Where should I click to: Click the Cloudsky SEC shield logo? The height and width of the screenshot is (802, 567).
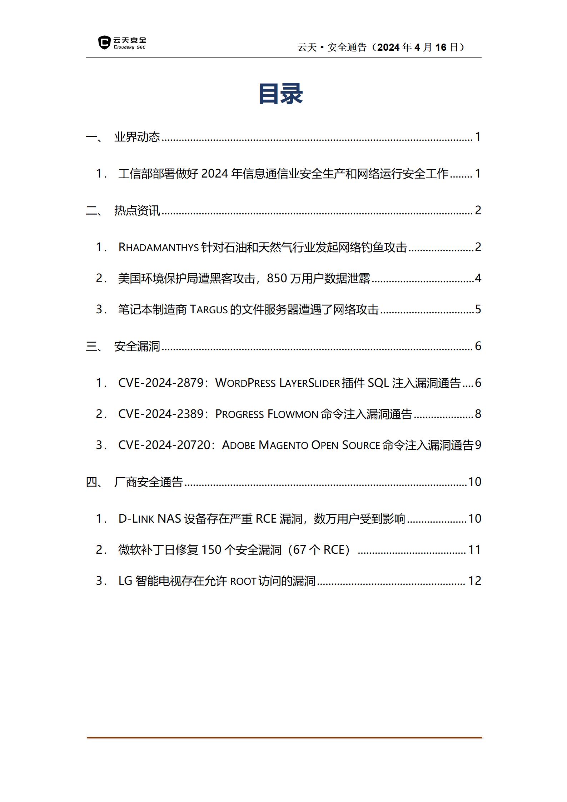point(104,43)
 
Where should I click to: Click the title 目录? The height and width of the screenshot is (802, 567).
point(281,94)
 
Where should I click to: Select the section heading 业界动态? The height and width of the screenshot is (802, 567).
point(137,137)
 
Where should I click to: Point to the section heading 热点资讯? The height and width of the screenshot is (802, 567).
point(137,210)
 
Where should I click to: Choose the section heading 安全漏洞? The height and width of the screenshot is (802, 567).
point(137,346)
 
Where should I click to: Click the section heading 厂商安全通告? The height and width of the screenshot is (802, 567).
point(149,482)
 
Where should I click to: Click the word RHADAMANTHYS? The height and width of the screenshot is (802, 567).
point(158,247)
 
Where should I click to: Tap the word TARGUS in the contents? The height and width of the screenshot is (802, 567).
point(209,309)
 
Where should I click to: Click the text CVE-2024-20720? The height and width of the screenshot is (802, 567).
point(166,445)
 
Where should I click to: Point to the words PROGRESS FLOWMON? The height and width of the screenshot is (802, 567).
point(267,414)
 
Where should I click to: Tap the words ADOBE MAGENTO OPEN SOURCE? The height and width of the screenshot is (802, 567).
point(301,445)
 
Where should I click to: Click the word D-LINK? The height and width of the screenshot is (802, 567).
point(136,519)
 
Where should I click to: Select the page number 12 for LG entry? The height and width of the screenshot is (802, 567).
point(474,581)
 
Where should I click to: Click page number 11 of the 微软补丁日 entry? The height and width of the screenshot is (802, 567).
point(474,550)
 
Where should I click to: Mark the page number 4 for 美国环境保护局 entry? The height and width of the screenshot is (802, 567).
point(478,278)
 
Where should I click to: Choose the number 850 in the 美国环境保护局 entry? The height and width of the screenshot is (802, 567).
point(277,278)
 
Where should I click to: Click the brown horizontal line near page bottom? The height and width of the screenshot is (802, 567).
point(284,737)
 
